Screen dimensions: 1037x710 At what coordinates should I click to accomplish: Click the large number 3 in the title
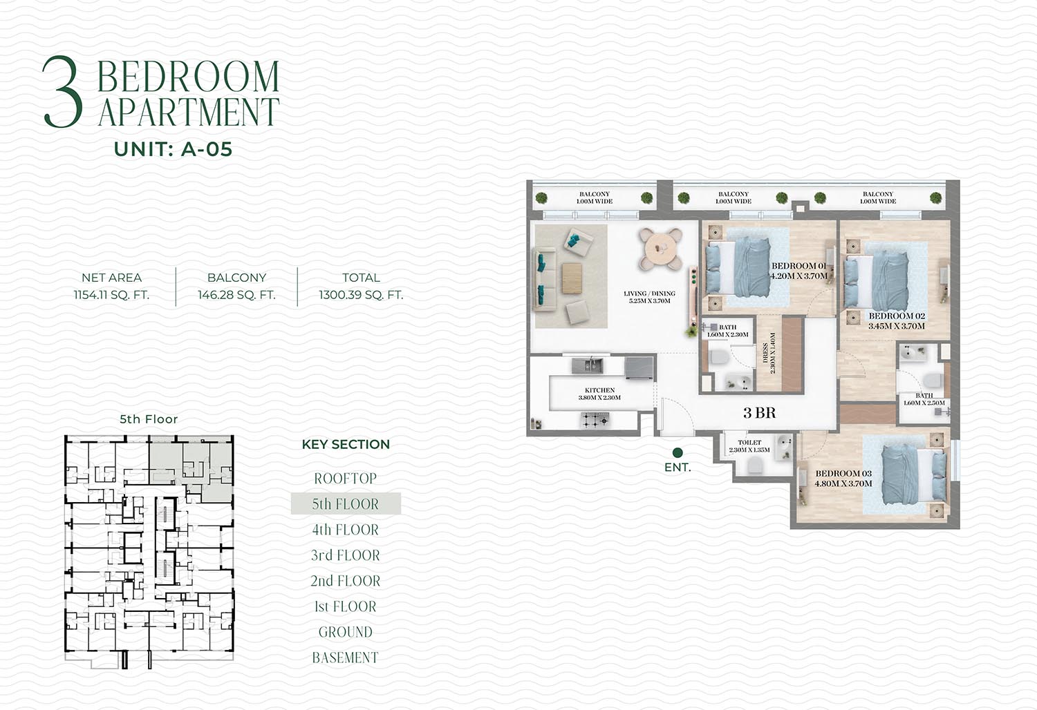(62, 92)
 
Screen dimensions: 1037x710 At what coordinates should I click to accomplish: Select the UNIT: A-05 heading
(173, 149)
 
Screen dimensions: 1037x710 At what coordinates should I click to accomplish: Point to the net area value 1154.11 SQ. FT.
(111, 295)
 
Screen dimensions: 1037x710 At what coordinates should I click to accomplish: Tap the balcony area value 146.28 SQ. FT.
(236, 295)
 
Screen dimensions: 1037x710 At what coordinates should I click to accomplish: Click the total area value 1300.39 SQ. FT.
(361, 295)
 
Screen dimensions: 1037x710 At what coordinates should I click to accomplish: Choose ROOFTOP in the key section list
(346, 478)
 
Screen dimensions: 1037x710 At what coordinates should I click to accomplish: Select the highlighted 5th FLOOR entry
(346, 503)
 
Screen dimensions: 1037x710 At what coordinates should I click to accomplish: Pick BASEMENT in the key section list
(346, 658)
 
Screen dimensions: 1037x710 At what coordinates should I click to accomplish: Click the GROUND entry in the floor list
(346, 632)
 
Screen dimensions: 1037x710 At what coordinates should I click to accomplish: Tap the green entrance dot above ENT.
(678, 452)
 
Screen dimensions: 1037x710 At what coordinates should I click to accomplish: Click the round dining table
(661, 249)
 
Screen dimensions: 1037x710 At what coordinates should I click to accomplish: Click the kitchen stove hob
(595, 419)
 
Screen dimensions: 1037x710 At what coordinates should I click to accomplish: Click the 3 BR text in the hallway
(759, 412)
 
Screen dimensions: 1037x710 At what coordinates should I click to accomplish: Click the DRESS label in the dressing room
(765, 354)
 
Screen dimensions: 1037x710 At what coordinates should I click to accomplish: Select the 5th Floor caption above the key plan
(149, 419)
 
